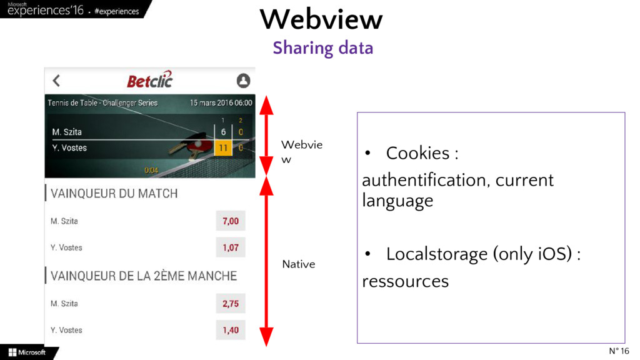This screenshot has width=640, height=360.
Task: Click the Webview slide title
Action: coord(321,19)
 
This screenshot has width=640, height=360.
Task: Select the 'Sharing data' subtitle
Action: coord(322,47)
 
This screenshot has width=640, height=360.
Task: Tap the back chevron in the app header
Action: coord(56,81)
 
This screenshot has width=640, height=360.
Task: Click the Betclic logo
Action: coord(149,80)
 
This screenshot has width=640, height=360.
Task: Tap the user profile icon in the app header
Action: coord(243,81)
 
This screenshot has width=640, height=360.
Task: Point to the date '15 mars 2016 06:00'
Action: coord(221,102)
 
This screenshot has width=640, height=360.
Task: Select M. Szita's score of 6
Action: coord(223,132)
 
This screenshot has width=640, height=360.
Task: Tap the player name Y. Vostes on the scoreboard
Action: coord(69,148)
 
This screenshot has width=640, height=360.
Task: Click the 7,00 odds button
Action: coord(231,221)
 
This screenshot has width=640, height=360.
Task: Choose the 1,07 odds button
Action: coord(231,247)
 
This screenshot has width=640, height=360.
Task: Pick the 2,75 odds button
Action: coord(231,304)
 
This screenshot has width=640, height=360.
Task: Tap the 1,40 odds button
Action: coord(231,330)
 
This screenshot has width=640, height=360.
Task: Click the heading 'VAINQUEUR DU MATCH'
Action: coord(114,194)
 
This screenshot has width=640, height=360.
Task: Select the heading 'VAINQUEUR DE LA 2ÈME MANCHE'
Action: coord(143,276)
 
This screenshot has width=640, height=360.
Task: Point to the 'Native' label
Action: coord(299,264)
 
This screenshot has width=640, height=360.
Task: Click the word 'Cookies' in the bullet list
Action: coord(417,153)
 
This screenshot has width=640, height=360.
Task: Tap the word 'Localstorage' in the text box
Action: coord(436,254)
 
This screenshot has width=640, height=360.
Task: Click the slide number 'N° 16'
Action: coord(619,351)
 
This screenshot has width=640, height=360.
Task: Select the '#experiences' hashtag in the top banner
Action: coord(117,11)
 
